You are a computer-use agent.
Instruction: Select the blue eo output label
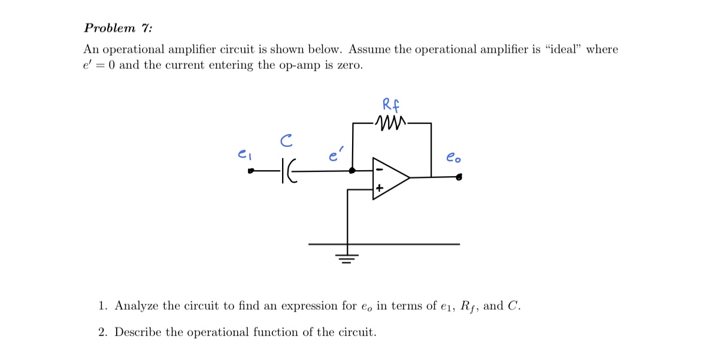(x=453, y=159)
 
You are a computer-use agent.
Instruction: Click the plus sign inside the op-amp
(x=378, y=189)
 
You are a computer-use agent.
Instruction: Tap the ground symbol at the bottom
(x=346, y=258)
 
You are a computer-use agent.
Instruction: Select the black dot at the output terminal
(x=459, y=177)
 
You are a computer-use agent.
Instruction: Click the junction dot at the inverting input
(x=353, y=171)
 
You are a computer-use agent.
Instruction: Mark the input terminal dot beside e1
(x=252, y=173)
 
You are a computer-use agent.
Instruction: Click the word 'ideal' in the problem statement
(x=563, y=50)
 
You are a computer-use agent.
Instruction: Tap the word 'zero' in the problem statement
(x=348, y=65)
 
